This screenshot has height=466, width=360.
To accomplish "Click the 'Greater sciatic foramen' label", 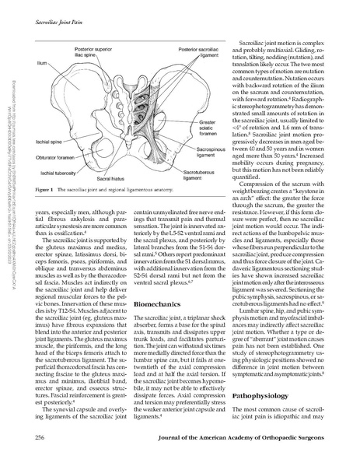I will pyautogui.click(x=208, y=148).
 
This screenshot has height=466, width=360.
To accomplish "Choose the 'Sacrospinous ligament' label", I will pyautogui.click(x=213, y=172).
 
